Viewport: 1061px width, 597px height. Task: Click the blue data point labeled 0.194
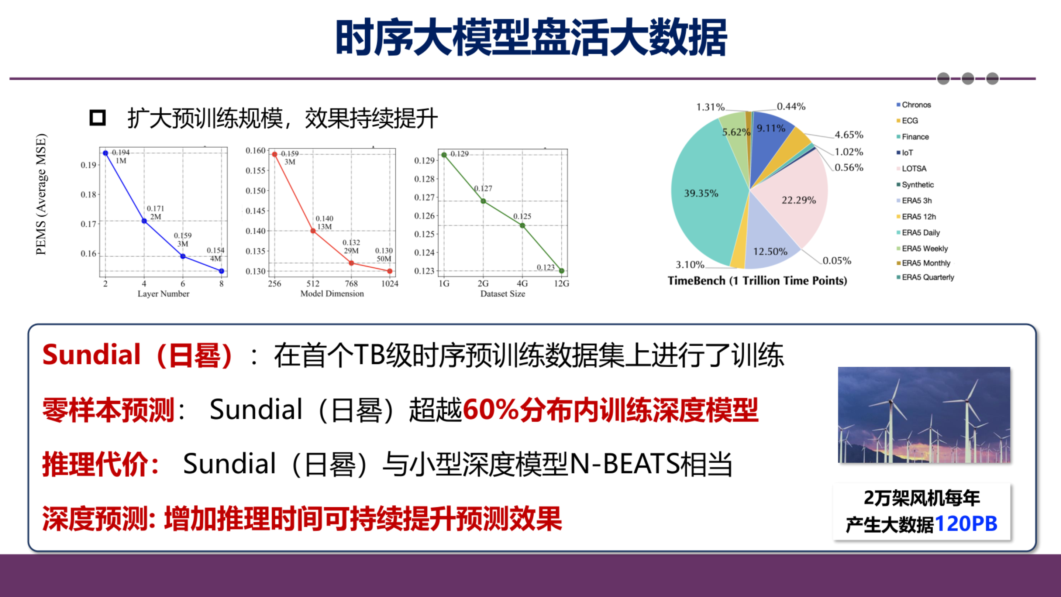tap(106, 153)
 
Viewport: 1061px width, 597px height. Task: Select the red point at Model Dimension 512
tap(313, 231)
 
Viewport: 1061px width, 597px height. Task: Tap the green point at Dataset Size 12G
tap(561, 271)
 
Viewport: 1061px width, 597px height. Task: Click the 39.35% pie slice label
tap(701, 193)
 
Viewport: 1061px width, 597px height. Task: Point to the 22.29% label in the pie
tap(799, 200)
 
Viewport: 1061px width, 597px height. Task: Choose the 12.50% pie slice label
tap(770, 251)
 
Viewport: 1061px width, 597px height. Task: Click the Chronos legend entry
tap(916, 104)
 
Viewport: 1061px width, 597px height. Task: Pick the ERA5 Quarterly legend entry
tap(927, 277)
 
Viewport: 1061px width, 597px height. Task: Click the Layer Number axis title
tap(163, 294)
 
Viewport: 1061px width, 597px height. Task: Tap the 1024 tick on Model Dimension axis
tap(390, 284)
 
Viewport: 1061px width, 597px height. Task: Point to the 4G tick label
tap(522, 284)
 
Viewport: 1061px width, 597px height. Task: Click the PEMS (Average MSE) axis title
tap(41, 194)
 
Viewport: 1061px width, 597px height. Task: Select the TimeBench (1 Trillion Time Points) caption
tap(757, 281)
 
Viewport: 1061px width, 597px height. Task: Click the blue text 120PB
tap(966, 524)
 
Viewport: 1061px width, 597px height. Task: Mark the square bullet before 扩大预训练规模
tap(98, 118)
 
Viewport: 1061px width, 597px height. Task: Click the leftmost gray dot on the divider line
tap(943, 78)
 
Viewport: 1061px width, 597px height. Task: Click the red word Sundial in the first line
tap(92, 355)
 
